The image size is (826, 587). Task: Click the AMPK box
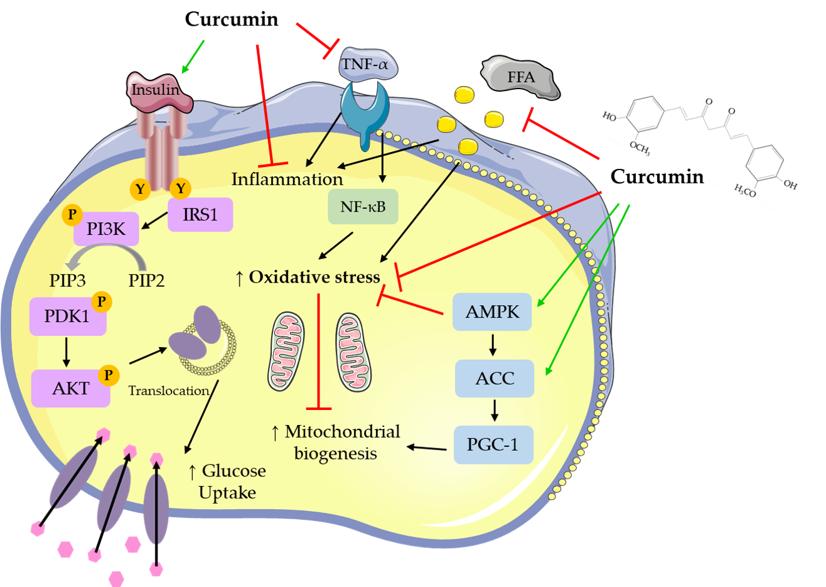pyautogui.click(x=492, y=312)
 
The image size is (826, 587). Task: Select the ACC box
pyautogui.click(x=495, y=379)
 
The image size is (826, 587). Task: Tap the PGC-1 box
pyautogui.click(x=493, y=444)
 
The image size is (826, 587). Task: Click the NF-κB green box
pyautogui.click(x=363, y=207)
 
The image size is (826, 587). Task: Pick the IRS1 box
pyautogui.click(x=200, y=215)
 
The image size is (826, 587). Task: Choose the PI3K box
pyautogui.click(x=106, y=229)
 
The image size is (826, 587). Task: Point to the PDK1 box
pyautogui.click(x=67, y=316)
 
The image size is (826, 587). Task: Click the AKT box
pyautogui.click(x=71, y=388)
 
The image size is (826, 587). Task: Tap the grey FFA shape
pyautogui.click(x=521, y=78)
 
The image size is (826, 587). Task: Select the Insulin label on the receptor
pyautogui.click(x=154, y=90)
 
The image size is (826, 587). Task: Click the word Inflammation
pyautogui.click(x=287, y=180)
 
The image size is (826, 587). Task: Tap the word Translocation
pyautogui.click(x=168, y=391)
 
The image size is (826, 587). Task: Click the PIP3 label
pyautogui.click(x=67, y=281)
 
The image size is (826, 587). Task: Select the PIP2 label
pyautogui.click(x=146, y=281)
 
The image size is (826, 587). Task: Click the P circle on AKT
pyautogui.click(x=108, y=375)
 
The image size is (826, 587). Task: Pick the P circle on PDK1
pyautogui.click(x=101, y=302)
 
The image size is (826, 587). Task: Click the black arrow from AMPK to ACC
pyautogui.click(x=493, y=344)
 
